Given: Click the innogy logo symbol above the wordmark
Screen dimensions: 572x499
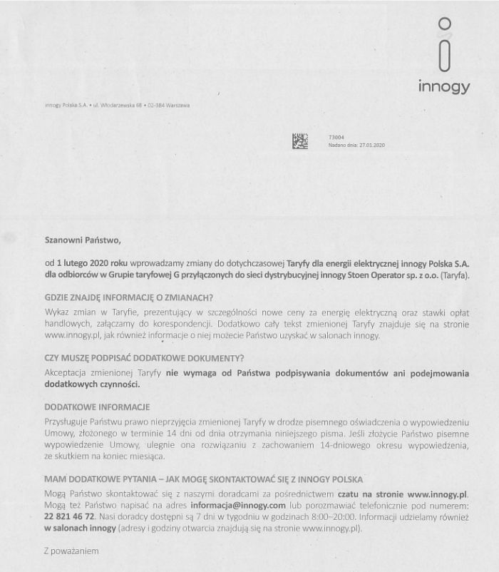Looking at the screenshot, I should [x=445, y=45].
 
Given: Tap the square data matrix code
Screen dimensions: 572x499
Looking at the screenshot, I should [x=300, y=141].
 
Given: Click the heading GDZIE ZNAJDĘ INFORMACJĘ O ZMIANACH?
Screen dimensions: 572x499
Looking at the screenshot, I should [x=128, y=297].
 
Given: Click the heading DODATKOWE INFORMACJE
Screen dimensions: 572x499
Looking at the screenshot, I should [x=97, y=406].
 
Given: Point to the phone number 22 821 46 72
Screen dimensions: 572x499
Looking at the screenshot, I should [x=69, y=516].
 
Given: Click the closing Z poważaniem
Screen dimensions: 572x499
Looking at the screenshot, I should [x=71, y=551].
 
